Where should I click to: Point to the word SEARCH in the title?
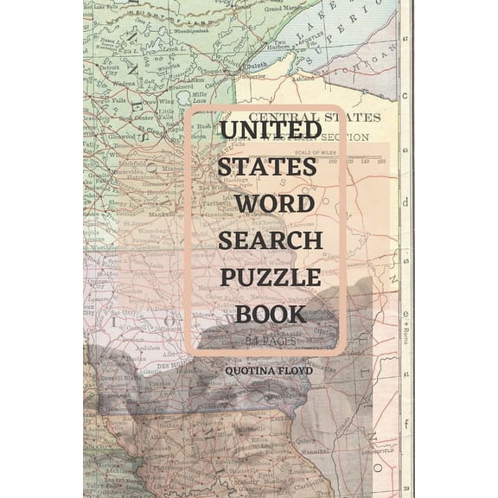(x=270, y=240)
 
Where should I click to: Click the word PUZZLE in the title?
(x=271, y=278)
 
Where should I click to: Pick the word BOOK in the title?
(x=271, y=314)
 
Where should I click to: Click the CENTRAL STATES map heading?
(x=314, y=116)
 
